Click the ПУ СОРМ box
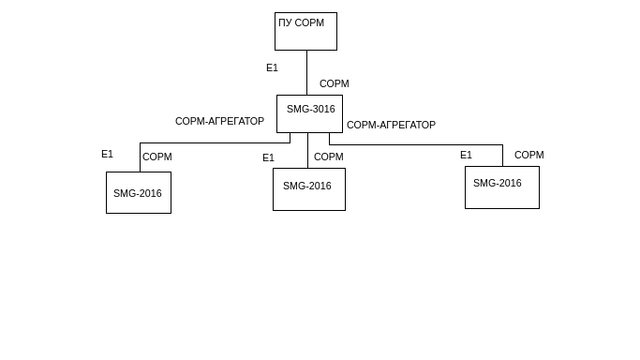click(305, 32)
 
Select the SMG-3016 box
click(309, 113)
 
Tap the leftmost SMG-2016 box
click(139, 192)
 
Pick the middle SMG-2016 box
click(309, 189)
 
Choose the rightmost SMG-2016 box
click(502, 187)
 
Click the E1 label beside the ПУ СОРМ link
click(272, 67)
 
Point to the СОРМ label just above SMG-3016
click(334, 83)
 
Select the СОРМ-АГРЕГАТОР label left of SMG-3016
click(219, 121)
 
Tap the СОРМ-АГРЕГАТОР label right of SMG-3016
click(391, 125)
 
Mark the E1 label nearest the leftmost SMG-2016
click(107, 154)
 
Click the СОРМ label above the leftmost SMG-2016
click(157, 157)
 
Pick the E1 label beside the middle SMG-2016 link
click(268, 157)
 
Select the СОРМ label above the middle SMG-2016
click(329, 157)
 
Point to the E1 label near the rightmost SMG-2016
click(466, 155)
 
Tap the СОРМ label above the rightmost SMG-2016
click(529, 155)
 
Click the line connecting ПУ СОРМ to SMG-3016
click(307, 72)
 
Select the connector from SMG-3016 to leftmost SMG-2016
click(205, 142)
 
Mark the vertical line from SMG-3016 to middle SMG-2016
click(307, 150)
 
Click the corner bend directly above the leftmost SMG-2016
click(140, 142)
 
